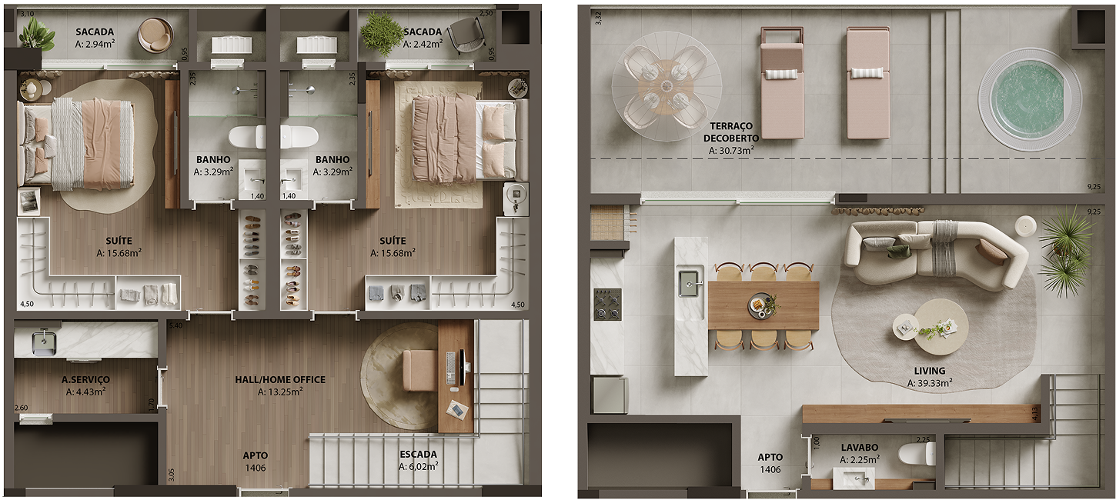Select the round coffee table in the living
(x=931, y=327)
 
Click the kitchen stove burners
(x=606, y=304)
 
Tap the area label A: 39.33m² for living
(x=929, y=383)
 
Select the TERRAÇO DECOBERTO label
(x=730, y=132)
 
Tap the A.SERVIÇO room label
(x=85, y=380)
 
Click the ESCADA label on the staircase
(x=418, y=454)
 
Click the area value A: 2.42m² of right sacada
(x=422, y=44)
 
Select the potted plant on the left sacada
(x=35, y=35)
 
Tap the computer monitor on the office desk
(x=463, y=367)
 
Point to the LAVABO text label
(x=859, y=447)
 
